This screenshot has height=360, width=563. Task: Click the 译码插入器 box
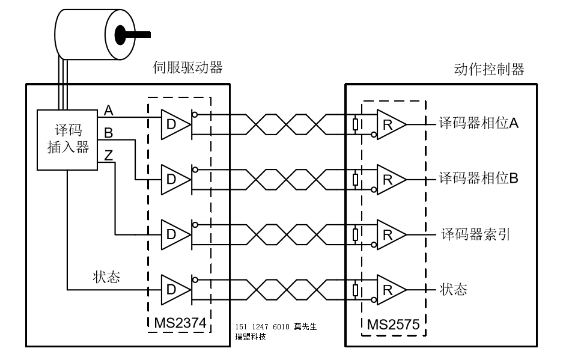[67, 139]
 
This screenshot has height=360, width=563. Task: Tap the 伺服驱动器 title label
[188, 67]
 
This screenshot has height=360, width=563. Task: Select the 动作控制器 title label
[488, 69]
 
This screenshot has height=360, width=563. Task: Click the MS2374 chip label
[180, 323]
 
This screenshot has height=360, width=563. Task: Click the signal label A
[109, 110]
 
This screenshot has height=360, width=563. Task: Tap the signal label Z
[109, 155]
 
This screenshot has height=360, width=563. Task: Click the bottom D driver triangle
[173, 290]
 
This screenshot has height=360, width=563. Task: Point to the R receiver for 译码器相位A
[389, 124]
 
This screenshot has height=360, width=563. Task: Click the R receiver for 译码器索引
[389, 235]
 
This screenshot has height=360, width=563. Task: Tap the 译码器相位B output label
[478, 178]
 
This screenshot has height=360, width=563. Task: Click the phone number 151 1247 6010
[263, 326]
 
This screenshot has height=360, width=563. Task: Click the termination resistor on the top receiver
[356, 124]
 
